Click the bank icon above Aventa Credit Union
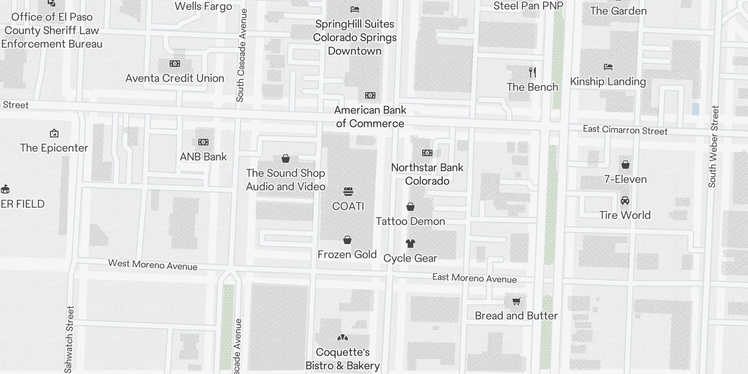pyautogui.click(x=175, y=64)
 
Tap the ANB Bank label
pyautogui.click(x=203, y=157)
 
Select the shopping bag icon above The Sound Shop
pyautogui.click(x=286, y=159)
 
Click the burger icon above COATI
pyautogui.click(x=348, y=192)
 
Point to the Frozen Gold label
pyautogui.click(x=347, y=254)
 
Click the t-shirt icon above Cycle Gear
pyautogui.click(x=410, y=244)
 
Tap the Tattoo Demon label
pyautogui.click(x=410, y=221)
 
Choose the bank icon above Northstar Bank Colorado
pyautogui.click(x=427, y=153)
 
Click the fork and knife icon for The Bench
pyautogui.click(x=532, y=72)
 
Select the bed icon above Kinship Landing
pyautogui.click(x=608, y=67)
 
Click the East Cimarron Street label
pyautogui.click(x=625, y=130)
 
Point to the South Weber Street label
pyautogui.click(x=712, y=147)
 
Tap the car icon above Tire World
pyautogui.click(x=625, y=201)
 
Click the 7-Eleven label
pyautogui.click(x=626, y=179)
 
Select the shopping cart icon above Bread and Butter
pyautogui.click(x=516, y=302)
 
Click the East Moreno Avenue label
pyautogui.click(x=475, y=278)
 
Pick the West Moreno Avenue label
pyautogui.click(x=153, y=265)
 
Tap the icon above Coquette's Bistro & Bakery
pyautogui.click(x=343, y=338)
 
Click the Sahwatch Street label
pyautogui.click(x=70, y=339)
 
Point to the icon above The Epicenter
pyautogui.click(x=54, y=134)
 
